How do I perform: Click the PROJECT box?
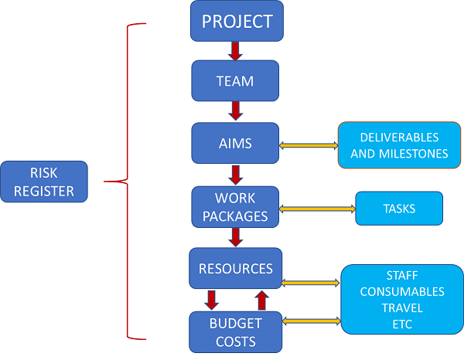237,21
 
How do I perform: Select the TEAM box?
234,80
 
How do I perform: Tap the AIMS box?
234,143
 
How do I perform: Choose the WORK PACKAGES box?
234,206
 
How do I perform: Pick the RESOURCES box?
235,269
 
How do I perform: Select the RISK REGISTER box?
44,182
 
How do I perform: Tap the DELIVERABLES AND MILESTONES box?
399,145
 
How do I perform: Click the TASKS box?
399,209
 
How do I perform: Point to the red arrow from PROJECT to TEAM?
236,51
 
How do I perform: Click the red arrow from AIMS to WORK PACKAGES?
234,174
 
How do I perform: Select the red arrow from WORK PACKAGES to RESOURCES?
235,237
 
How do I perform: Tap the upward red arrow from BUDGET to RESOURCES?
261,299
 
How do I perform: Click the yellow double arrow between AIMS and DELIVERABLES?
308,144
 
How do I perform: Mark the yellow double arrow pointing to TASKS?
316,209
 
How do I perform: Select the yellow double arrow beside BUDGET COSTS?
312,319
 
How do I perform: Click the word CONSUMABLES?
402,291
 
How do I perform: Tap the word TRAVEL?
401,307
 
